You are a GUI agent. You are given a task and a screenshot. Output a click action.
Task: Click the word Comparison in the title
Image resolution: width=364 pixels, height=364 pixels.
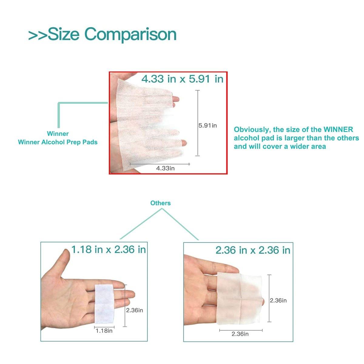pos(130,35)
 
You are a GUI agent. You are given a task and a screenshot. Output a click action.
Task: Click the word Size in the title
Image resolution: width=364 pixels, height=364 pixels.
pos(63,34)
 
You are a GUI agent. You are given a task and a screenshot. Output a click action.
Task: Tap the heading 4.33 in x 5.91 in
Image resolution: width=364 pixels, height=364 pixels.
pos(182,79)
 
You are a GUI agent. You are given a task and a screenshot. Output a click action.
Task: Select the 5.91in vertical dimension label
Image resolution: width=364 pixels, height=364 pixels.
pos(207,125)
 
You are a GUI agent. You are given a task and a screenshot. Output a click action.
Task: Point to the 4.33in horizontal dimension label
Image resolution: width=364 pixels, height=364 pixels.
pos(165,168)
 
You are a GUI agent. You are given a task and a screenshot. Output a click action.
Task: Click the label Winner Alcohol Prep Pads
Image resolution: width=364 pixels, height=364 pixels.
pos(58,142)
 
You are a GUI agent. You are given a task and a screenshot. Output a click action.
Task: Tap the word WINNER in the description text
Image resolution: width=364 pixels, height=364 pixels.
pos(338,130)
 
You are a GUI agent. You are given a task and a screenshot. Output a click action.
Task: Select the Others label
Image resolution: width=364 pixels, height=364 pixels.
pos(160,203)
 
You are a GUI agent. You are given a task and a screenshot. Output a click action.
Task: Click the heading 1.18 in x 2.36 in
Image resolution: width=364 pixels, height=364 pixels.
pos(109,249)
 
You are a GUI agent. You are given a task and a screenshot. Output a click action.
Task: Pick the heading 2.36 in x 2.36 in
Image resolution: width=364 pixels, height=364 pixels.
pos(253,250)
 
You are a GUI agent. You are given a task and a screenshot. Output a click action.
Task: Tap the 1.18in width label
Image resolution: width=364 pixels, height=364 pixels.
pos(104,331)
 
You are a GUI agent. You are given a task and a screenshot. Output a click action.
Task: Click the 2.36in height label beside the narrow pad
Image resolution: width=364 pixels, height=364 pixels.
pos(134,310)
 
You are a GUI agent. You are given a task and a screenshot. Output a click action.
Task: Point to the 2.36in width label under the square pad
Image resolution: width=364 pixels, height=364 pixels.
pos(240,334)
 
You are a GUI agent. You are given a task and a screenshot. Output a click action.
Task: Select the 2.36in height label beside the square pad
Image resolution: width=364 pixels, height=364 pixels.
pos(278,300)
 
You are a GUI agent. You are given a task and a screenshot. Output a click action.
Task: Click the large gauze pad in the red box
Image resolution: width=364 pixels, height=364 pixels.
pos(149,126)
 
